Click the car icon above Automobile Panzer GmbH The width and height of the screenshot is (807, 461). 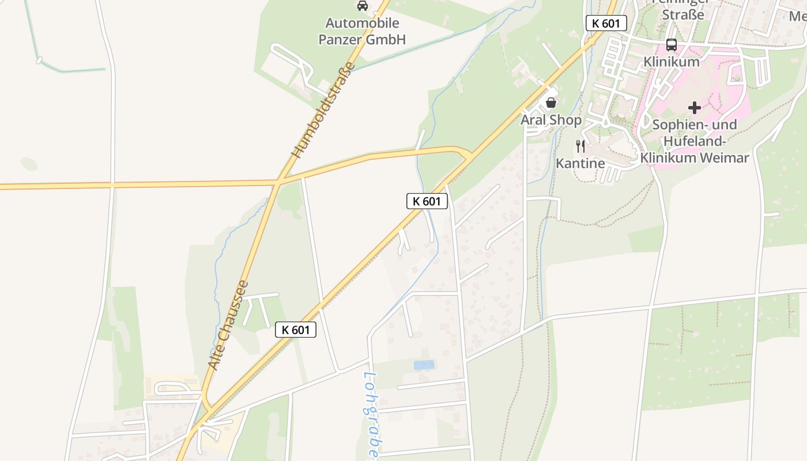coord(362,6)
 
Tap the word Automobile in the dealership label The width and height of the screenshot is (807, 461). coord(362,24)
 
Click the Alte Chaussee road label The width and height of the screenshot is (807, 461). coord(228,325)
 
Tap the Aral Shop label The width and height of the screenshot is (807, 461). coord(551,120)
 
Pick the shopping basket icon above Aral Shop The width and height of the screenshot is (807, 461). coord(551,103)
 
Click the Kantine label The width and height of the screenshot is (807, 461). coord(580,163)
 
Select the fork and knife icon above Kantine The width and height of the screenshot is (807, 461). coord(580,146)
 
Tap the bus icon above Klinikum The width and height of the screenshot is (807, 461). coord(671,44)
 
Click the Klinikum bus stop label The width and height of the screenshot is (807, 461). coord(671,61)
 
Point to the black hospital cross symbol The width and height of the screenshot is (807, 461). coord(694,107)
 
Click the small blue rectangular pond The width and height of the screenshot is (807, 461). coord(424,365)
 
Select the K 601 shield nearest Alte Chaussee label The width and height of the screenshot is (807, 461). coord(296,330)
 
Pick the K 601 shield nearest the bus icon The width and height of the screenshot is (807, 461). coord(606,23)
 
